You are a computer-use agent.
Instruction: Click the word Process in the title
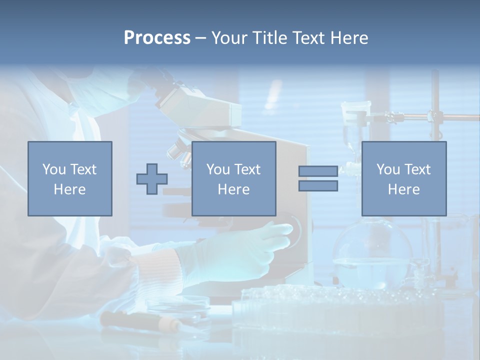(157, 38)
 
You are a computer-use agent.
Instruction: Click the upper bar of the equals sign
(318, 171)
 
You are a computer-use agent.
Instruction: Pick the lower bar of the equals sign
(318, 186)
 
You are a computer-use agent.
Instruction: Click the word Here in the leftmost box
(69, 189)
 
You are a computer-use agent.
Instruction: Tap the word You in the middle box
(218, 169)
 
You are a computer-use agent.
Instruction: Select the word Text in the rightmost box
(418, 169)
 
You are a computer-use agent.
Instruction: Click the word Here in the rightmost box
(403, 189)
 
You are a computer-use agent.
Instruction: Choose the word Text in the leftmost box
(83, 169)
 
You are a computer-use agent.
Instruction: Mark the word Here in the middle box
(233, 189)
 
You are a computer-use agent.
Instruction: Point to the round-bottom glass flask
(372, 255)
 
